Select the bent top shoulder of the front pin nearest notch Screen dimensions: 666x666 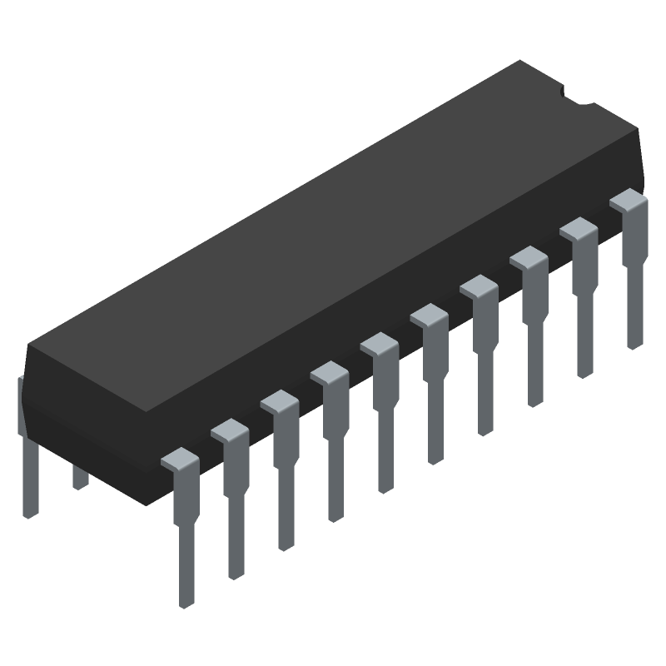(x=629, y=200)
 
